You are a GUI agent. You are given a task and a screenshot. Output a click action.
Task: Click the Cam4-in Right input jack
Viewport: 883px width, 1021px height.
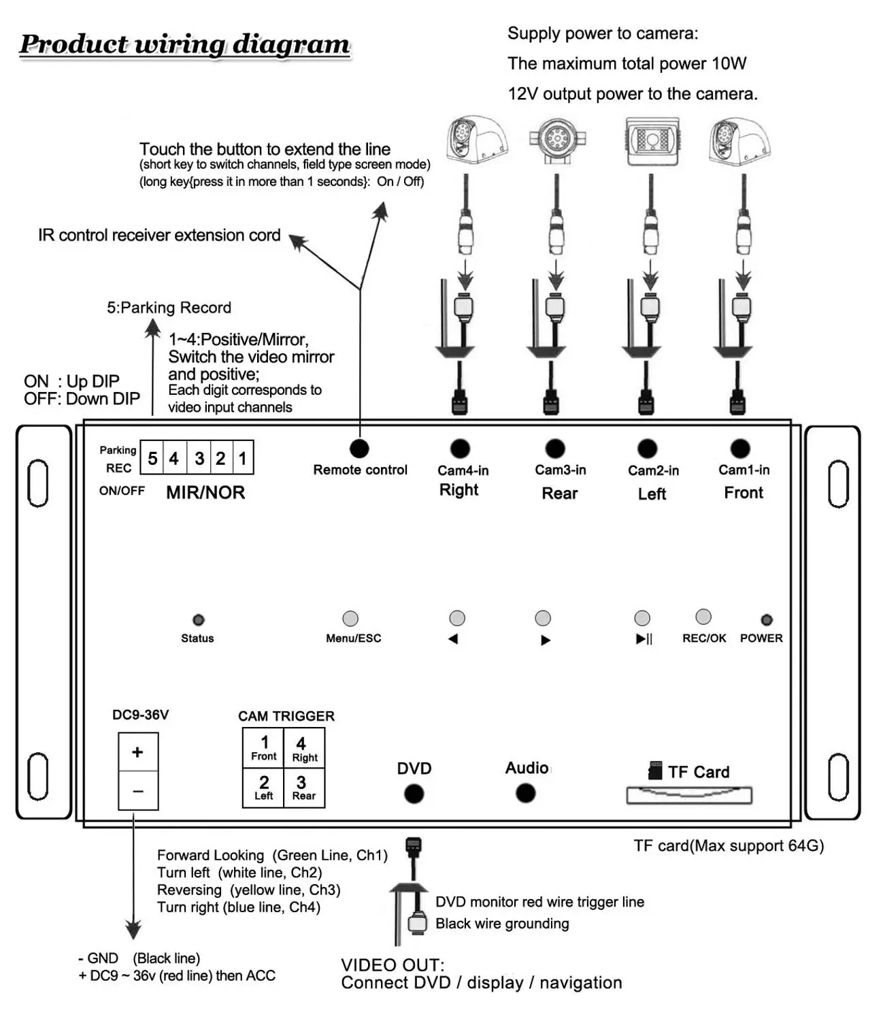tap(460, 449)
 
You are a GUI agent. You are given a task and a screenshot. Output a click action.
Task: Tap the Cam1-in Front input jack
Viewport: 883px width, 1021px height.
tap(740, 449)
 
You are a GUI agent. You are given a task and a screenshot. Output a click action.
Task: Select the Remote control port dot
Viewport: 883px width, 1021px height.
tap(359, 449)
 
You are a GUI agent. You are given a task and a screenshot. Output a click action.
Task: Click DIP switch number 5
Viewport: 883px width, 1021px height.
tap(152, 458)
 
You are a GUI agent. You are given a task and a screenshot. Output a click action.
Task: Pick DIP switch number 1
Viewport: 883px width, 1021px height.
tap(242, 458)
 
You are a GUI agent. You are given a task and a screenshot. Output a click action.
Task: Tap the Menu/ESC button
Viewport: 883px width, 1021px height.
tap(350, 618)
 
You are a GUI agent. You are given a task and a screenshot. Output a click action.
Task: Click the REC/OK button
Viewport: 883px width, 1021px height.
tap(703, 617)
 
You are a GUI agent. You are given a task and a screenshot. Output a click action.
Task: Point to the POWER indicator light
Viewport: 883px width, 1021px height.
tap(767, 619)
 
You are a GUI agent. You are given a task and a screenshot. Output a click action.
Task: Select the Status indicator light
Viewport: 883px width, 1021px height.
tap(198, 619)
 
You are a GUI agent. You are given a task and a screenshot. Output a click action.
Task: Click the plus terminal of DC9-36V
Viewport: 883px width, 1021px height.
tap(138, 752)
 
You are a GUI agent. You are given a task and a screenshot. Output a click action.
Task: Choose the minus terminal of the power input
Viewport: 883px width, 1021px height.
tap(138, 791)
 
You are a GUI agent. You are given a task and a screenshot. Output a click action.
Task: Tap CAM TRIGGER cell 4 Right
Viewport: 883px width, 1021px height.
tap(304, 748)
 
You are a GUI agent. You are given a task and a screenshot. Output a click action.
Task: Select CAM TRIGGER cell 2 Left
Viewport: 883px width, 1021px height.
tap(264, 788)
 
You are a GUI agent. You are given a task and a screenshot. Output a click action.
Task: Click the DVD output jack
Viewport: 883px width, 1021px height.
tap(414, 794)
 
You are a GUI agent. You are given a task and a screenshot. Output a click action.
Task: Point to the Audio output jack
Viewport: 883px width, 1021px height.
tap(525, 793)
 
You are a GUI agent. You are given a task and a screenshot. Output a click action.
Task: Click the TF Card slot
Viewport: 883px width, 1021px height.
tap(689, 795)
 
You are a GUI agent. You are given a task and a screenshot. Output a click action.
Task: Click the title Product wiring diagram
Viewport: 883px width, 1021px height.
tap(184, 44)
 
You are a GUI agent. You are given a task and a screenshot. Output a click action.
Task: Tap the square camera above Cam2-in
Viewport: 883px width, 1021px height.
tap(651, 141)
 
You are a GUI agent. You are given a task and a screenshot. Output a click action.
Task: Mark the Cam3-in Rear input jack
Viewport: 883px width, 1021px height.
tap(555, 449)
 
